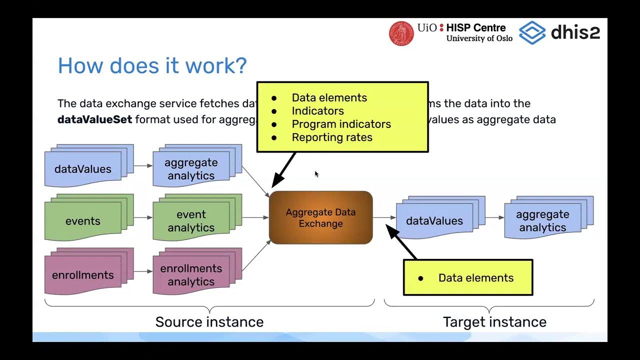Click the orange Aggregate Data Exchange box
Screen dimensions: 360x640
(x=320, y=217)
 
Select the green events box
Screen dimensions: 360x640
(x=83, y=221)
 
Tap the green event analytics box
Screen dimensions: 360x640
(x=191, y=221)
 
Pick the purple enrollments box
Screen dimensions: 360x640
(x=83, y=275)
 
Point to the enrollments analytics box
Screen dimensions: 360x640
(x=191, y=275)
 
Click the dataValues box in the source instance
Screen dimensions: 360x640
(x=83, y=169)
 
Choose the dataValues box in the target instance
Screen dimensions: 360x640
(x=434, y=220)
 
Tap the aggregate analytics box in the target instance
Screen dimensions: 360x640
(x=542, y=220)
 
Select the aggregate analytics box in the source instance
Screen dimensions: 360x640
(x=191, y=169)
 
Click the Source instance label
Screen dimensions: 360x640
(x=209, y=321)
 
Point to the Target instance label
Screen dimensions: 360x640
(x=494, y=321)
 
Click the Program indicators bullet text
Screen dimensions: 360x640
(x=341, y=124)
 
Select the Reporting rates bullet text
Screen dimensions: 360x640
(x=332, y=137)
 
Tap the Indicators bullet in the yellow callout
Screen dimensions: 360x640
(x=317, y=111)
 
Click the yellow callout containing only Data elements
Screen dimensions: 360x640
(x=468, y=277)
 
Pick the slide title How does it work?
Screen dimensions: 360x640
(x=152, y=66)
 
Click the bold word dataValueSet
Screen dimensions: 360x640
(x=94, y=119)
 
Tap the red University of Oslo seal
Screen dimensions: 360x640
(x=401, y=33)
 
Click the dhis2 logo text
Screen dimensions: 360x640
(x=575, y=32)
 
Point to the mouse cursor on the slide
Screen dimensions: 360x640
(x=316, y=173)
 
